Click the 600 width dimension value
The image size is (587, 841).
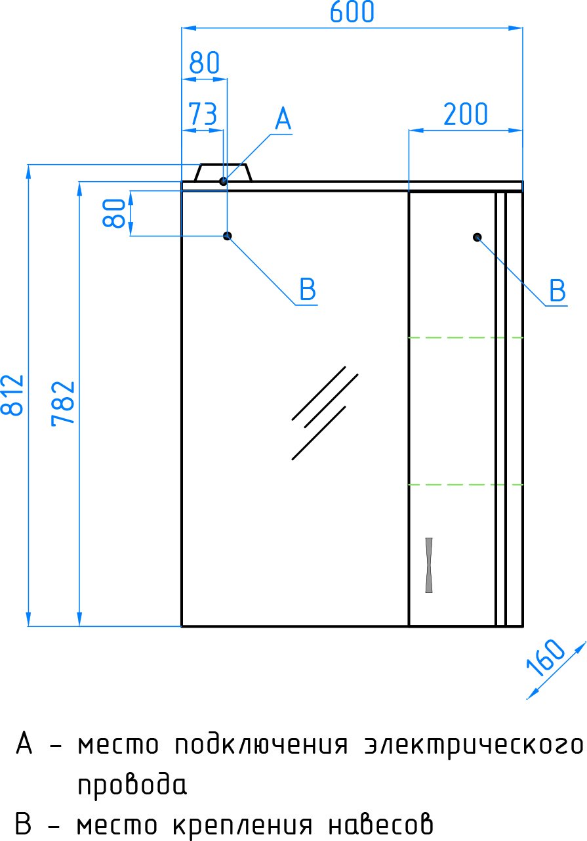pos(352,12)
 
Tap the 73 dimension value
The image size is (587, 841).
pos(203,114)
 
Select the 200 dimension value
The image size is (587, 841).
pos(466,114)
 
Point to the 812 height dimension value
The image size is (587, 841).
pos(12,395)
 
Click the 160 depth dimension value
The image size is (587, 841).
pos(545,657)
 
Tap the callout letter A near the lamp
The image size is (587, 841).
pos(283,119)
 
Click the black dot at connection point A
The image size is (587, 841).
pos(223,181)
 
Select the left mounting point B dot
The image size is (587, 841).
pos(228,236)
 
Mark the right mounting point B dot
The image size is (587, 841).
pos(477,237)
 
